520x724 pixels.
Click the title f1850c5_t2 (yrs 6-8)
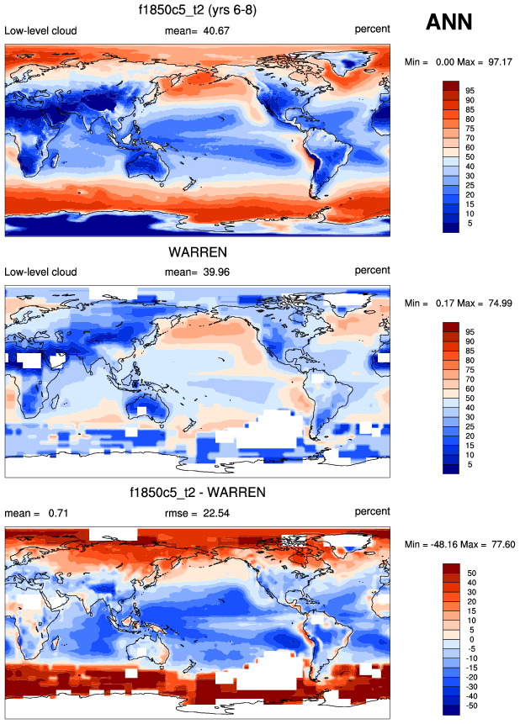[x=198, y=10]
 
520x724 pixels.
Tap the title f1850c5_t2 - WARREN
[x=198, y=492]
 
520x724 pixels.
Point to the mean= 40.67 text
[x=199, y=31]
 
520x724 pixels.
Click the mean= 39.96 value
[x=199, y=272]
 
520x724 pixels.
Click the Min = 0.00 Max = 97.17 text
[x=460, y=63]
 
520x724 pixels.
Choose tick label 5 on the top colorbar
[x=470, y=223]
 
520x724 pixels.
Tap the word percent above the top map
[x=373, y=30]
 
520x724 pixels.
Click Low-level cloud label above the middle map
[x=40, y=272]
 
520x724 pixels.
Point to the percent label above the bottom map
[x=373, y=511]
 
